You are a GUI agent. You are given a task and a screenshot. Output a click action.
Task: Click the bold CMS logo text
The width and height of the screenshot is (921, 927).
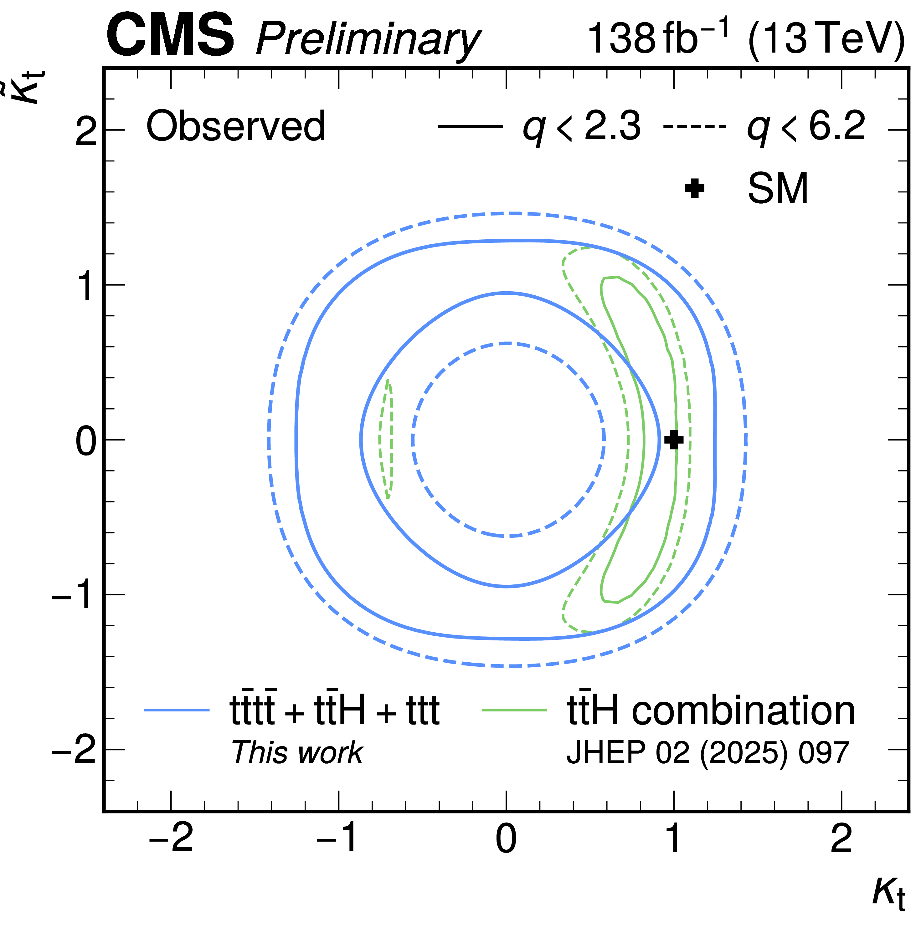[x=171, y=35]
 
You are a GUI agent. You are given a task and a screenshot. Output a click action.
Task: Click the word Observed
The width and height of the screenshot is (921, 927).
[x=236, y=126]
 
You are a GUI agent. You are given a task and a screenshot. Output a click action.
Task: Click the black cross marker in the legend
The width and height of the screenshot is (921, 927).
[x=694, y=188]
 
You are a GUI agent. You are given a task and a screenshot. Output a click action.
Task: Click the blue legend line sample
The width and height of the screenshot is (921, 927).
[x=177, y=710]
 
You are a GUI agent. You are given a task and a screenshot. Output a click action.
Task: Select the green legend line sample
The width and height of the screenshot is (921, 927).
[x=514, y=710]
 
